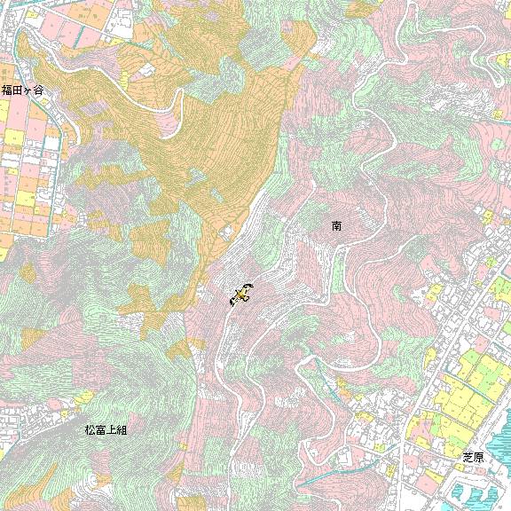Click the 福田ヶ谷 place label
click(21, 90)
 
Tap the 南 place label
click(337, 226)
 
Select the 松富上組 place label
click(106, 430)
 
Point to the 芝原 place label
click(474, 457)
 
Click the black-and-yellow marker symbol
click(240, 294)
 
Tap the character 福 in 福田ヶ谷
click(6, 90)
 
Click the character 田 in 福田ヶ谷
click(17, 90)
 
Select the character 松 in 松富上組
click(90, 430)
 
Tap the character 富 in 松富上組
click(101, 430)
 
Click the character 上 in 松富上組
click(112, 430)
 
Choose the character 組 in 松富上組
click(122, 430)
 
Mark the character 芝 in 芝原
click(468, 457)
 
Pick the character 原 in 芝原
click(479, 457)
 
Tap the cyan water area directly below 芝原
click(470, 488)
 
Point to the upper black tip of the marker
click(249, 286)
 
